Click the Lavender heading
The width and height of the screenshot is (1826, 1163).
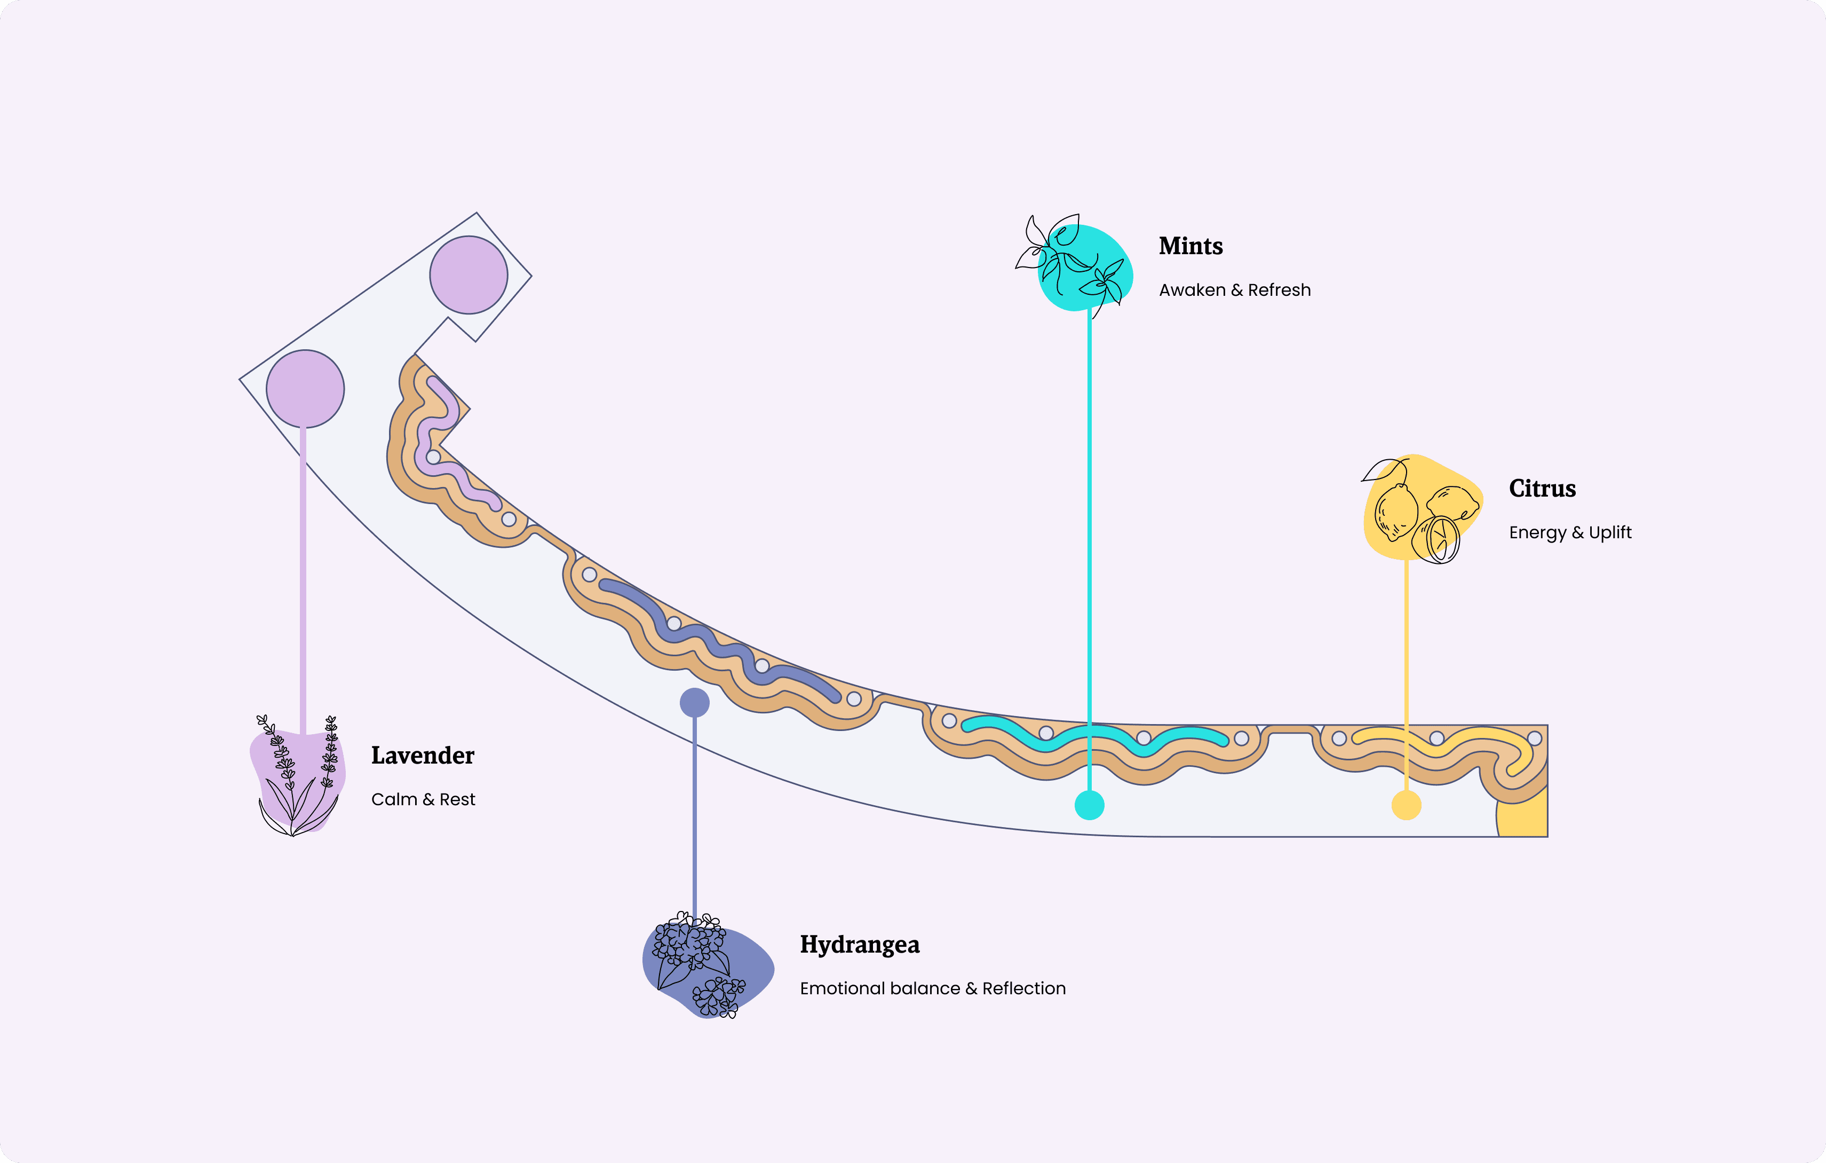[x=423, y=756]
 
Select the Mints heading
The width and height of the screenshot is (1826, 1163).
[x=1190, y=247]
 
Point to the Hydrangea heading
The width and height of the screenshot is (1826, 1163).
[x=859, y=945]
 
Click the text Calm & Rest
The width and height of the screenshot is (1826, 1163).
[x=423, y=799]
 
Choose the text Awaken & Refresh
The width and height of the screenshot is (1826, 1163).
[x=1235, y=290]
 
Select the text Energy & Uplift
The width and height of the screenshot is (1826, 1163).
[x=1570, y=532]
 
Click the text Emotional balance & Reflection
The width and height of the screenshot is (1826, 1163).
[x=933, y=988]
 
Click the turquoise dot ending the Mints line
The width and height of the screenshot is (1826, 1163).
[x=1090, y=805]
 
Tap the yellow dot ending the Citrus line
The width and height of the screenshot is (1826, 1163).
[x=1406, y=805]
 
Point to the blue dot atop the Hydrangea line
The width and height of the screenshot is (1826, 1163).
[x=695, y=703]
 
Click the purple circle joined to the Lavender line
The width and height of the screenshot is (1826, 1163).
[x=305, y=388]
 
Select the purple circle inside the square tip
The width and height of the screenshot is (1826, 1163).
[x=469, y=274]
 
